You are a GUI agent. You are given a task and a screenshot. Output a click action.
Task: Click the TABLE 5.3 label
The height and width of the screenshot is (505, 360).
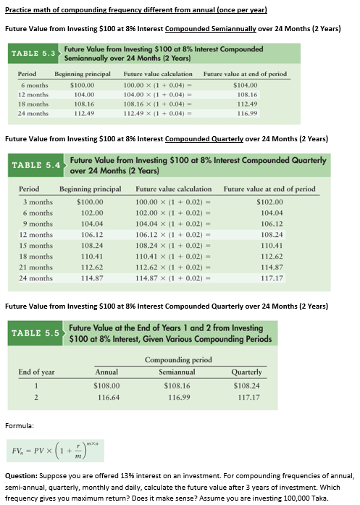click(x=30, y=54)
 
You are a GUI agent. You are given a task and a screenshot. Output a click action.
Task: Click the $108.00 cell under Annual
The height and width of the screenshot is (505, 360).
click(x=107, y=386)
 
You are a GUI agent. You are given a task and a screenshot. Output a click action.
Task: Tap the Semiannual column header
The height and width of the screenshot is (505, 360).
click(x=178, y=372)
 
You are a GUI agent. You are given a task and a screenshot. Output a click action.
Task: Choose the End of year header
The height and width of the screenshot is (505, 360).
click(x=37, y=372)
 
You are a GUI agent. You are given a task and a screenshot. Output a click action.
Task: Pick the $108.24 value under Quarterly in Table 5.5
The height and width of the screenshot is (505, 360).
click(x=247, y=386)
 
